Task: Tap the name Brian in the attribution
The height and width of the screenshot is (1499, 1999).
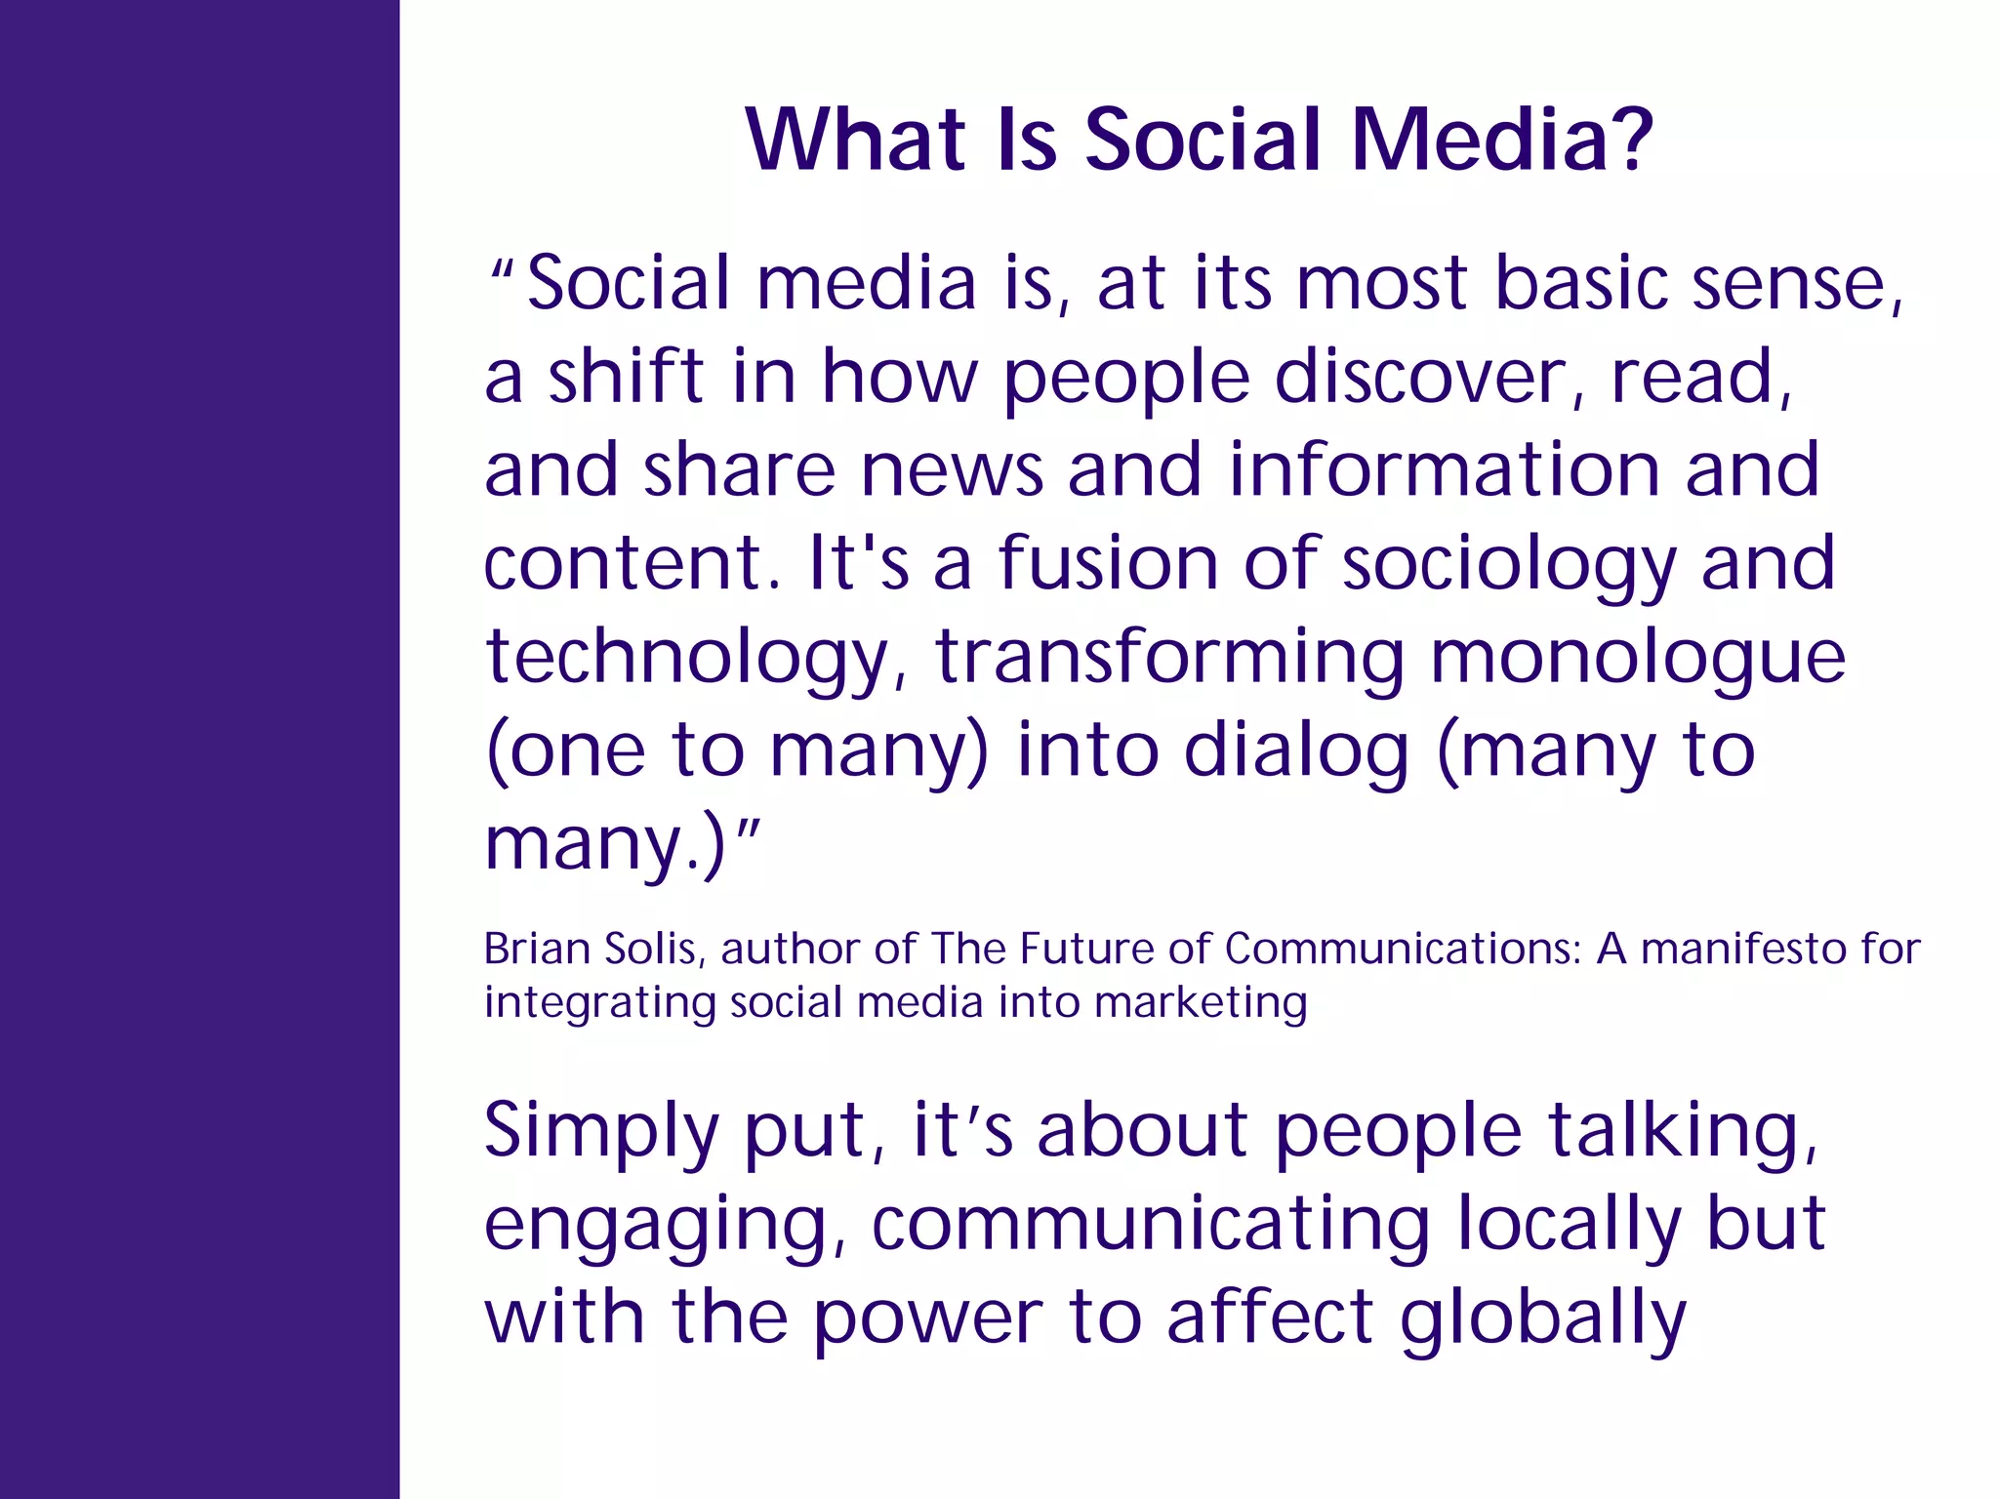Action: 537,949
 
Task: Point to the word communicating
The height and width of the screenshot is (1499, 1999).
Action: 1151,1226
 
